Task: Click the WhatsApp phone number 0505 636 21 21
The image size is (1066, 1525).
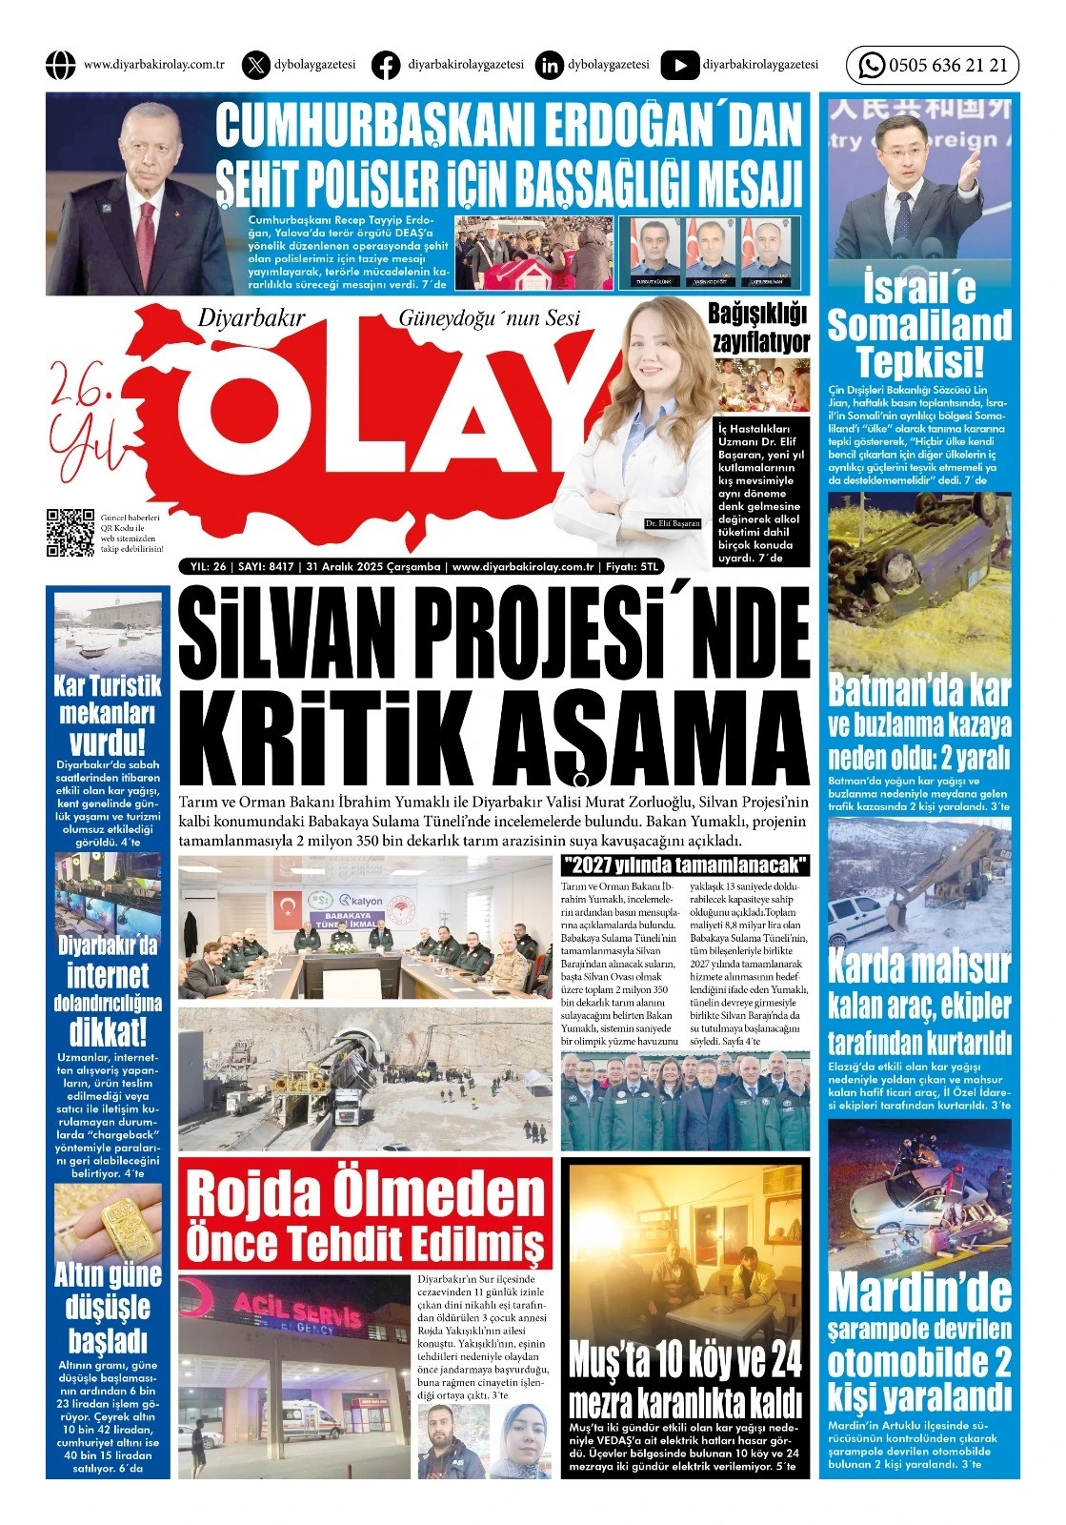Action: [947, 66]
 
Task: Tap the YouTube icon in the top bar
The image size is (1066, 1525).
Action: [679, 65]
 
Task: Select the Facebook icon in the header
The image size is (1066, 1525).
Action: [386, 65]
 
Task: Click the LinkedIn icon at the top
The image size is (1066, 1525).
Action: [550, 65]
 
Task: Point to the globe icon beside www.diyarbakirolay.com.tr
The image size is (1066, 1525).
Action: [60, 65]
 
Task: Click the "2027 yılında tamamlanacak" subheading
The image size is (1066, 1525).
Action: [685, 865]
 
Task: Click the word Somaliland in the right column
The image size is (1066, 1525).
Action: [919, 325]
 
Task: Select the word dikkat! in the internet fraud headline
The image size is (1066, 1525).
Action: [108, 1031]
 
